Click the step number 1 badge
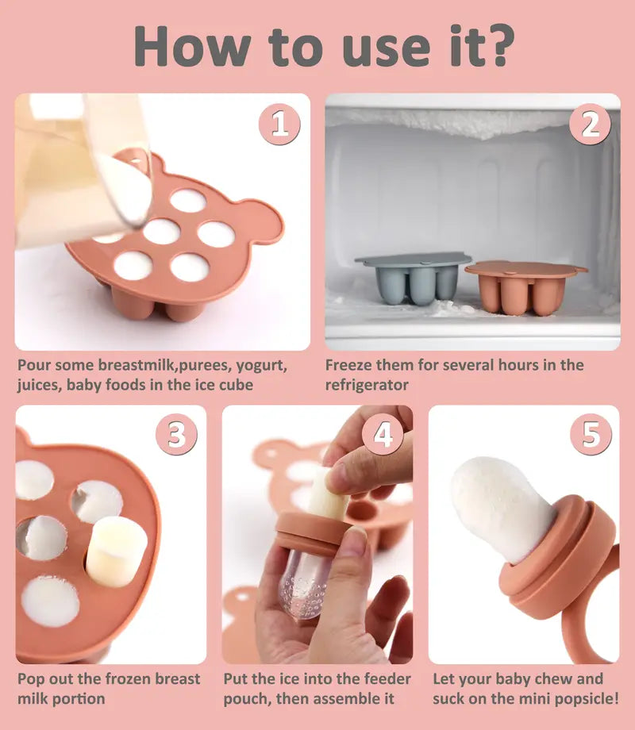[x=279, y=125]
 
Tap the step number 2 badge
[x=590, y=125]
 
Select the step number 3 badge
[x=176, y=435]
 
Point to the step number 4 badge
[x=383, y=435]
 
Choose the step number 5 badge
[x=591, y=435]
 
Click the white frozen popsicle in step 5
[x=500, y=504]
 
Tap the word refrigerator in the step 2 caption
[x=367, y=384]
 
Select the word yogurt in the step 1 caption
[x=260, y=365]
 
